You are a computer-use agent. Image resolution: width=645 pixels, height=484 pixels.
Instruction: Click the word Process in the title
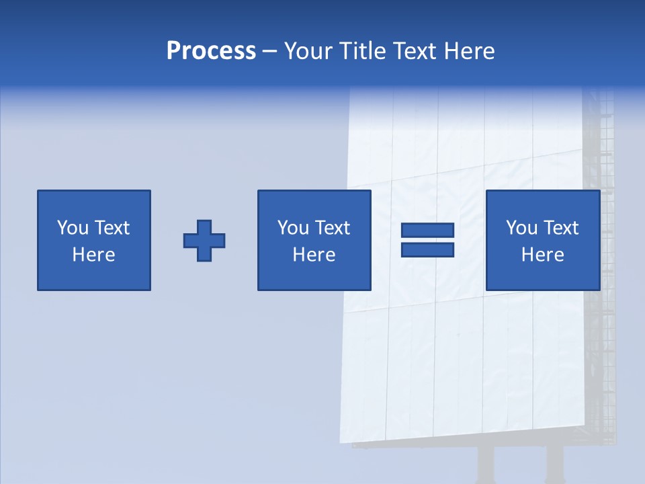211,51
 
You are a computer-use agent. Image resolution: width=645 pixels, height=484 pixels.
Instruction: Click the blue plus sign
204,241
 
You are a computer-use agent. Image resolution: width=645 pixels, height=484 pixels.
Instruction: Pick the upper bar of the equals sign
427,231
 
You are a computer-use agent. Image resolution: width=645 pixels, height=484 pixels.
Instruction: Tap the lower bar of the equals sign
427,250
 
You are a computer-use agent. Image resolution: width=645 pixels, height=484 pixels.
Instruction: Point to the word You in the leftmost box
72,228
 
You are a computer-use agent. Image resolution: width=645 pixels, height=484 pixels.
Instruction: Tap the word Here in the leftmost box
94,255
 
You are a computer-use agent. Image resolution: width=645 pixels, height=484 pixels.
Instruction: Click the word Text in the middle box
332,228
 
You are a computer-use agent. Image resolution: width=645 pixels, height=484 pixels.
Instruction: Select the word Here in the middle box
314,255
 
